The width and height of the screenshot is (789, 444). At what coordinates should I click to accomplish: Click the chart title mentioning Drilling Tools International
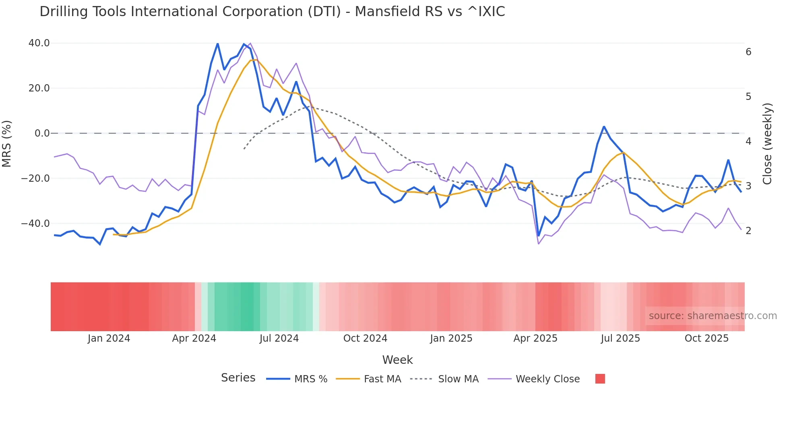pyautogui.click(x=272, y=12)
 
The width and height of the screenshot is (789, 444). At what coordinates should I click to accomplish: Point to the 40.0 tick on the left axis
pyautogui.click(x=39, y=43)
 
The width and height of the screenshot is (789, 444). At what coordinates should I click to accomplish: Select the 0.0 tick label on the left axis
pyautogui.click(x=42, y=133)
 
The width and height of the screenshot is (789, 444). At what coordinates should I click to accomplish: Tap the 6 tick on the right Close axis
pyautogui.click(x=748, y=52)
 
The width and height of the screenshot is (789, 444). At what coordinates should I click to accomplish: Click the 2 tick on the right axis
pyautogui.click(x=748, y=231)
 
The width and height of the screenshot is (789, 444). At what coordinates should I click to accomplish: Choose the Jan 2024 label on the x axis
pyautogui.click(x=109, y=338)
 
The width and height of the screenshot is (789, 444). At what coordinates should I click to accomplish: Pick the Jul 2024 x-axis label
pyautogui.click(x=279, y=338)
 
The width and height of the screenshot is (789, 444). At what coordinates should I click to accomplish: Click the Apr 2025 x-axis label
pyautogui.click(x=535, y=338)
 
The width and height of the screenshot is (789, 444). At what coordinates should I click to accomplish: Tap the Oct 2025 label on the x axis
pyautogui.click(x=706, y=338)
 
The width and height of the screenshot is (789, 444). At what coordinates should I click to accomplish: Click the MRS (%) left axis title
pyautogui.click(x=7, y=143)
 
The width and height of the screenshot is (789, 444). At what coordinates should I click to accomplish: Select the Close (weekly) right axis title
pyautogui.click(x=767, y=144)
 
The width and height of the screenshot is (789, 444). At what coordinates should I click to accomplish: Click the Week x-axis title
pyautogui.click(x=397, y=360)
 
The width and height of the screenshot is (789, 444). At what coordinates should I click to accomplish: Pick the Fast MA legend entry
pyautogui.click(x=382, y=379)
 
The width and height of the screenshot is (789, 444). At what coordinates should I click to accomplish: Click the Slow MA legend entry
pyautogui.click(x=458, y=379)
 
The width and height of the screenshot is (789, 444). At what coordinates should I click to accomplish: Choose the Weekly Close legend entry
pyautogui.click(x=547, y=379)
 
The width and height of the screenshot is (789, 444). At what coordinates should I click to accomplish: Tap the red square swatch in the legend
pyautogui.click(x=600, y=379)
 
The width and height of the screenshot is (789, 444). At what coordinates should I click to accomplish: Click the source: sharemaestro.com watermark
pyautogui.click(x=713, y=316)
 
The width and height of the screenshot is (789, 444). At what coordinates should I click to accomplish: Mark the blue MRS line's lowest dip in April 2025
pyautogui.click(x=539, y=236)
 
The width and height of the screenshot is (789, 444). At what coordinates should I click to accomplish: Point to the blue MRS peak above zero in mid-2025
pyautogui.click(x=604, y=127)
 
